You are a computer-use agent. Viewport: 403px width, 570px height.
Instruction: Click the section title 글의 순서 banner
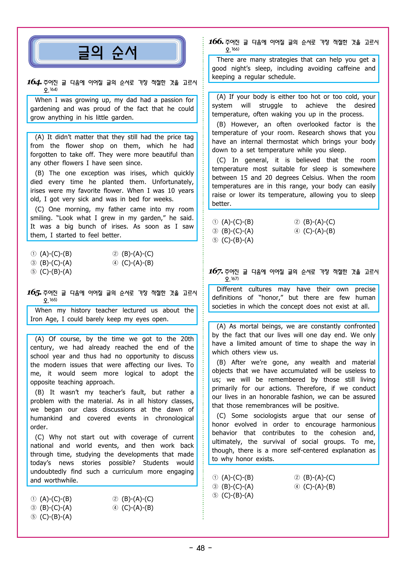(x=107, y=52)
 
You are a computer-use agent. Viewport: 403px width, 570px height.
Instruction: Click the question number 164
(x=34, y=82)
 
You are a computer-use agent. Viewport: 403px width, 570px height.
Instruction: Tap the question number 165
(x=34, y=292)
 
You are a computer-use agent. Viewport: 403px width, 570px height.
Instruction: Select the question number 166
(x=216, y=42)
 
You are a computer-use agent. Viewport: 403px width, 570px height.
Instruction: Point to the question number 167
(x=216, y=271)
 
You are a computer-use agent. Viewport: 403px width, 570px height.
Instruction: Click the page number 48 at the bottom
(x=201, y=548)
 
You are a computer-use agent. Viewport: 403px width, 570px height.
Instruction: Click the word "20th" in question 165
(x=187, y=339)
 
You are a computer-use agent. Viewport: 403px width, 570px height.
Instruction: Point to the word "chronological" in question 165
(x=174, y=418)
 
